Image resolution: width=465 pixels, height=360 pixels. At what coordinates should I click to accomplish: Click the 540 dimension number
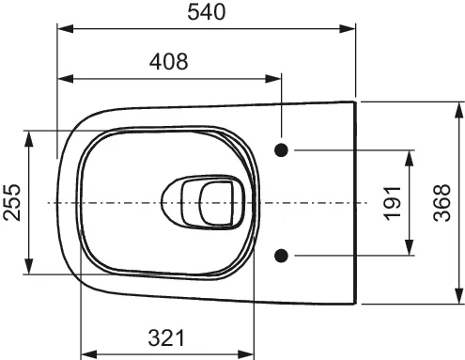207,12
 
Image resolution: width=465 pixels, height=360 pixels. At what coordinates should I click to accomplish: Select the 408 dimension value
169,61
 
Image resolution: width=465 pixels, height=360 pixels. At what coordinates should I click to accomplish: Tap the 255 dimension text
12,203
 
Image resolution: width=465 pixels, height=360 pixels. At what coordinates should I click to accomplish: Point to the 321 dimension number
166,338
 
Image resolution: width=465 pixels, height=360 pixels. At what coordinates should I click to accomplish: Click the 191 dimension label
393,203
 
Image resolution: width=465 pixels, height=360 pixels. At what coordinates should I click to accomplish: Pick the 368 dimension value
442,203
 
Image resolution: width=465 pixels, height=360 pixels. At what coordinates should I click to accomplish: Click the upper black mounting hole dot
281,150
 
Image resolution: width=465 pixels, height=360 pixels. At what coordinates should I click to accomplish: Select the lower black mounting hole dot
281,256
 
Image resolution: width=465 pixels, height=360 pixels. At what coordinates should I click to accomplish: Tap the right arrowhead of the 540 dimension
348,29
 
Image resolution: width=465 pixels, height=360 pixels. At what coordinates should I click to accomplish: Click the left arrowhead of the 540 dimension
65,29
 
